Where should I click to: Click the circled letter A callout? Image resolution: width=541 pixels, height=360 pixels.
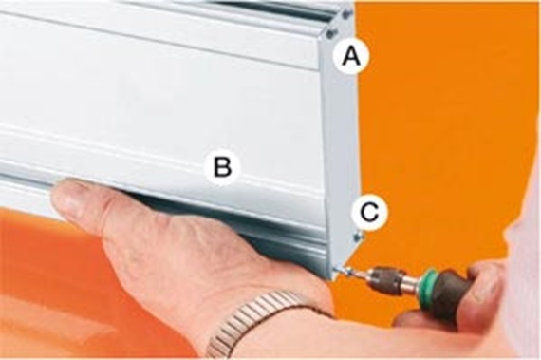pos(351,56)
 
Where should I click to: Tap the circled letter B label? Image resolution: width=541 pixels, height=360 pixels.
pos(222,167)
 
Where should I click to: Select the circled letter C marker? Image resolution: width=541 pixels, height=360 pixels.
pos(369,212)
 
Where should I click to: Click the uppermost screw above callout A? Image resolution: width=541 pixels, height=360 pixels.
pos(346,14)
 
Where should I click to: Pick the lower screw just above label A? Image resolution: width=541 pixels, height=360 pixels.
pos(331,33)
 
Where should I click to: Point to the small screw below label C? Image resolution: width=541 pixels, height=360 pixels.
pos(358,237)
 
